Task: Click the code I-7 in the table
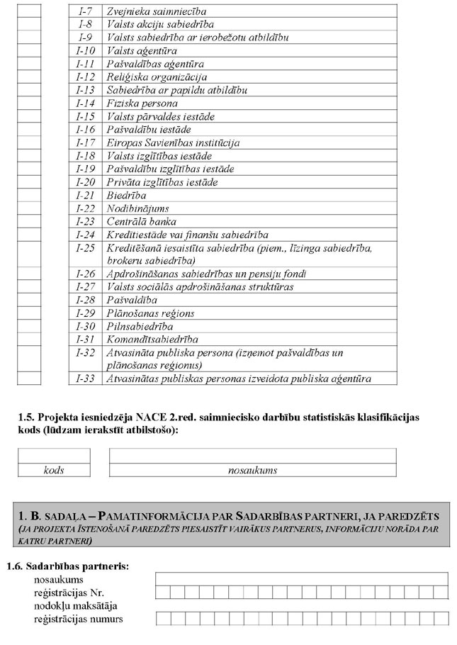tap(86, 11)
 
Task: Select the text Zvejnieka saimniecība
tap(151, 11)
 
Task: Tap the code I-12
tap(86, 77)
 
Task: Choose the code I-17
tap(86, 142)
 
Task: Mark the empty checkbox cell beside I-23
tap(29, 221)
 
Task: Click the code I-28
tap(86, 300)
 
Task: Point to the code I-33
tap(86, 378)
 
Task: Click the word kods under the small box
tap(54, 470)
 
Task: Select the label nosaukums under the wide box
tap(252, 470)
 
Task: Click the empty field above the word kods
tap(54, 456)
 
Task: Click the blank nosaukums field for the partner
tap(302, 579)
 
